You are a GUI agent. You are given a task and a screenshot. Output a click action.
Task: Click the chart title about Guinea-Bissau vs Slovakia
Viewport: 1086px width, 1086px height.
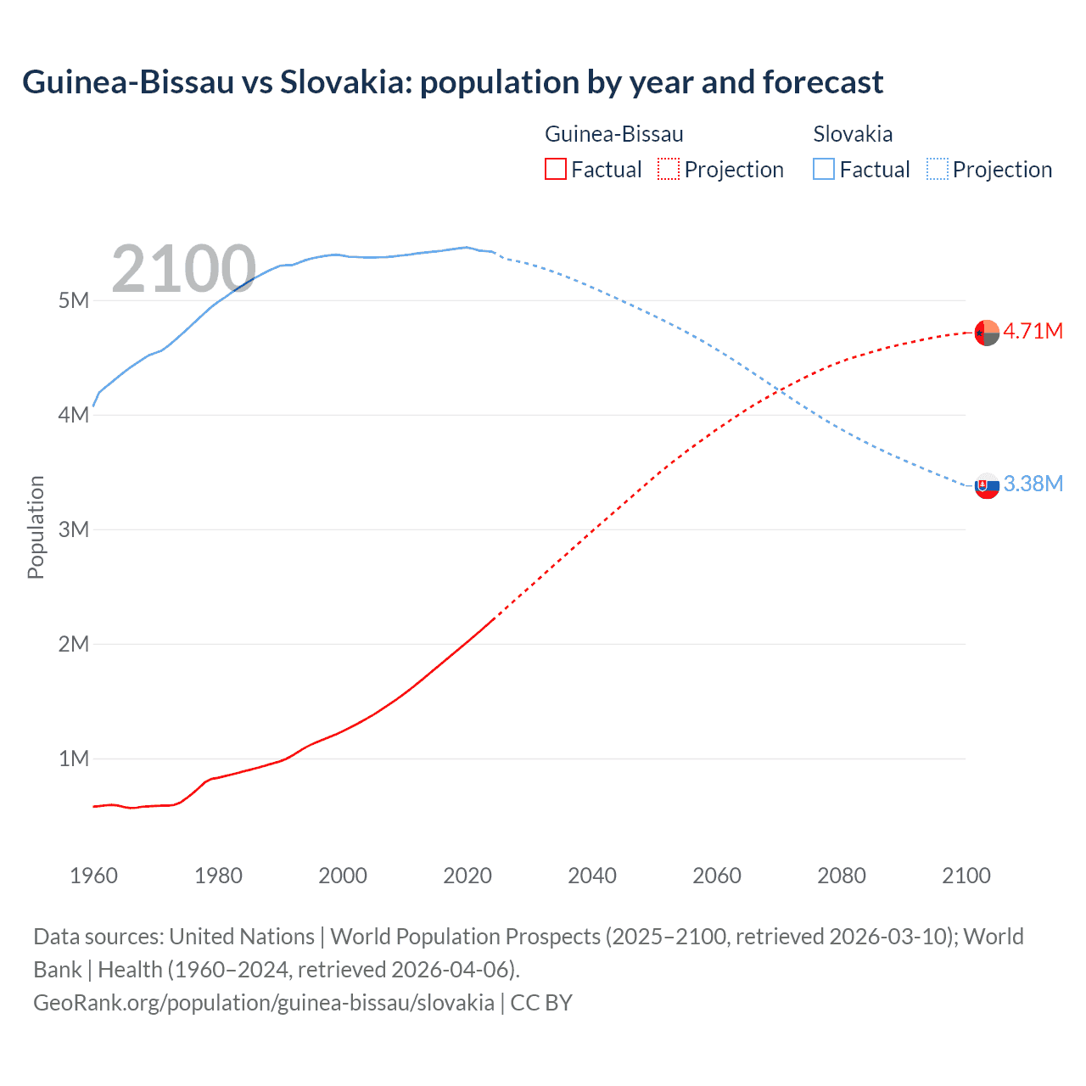(452, 82)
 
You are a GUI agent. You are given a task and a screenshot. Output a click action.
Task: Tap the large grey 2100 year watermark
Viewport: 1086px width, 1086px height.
(183, 269)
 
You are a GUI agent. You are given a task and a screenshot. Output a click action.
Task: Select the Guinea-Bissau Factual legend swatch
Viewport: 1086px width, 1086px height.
(555, 169)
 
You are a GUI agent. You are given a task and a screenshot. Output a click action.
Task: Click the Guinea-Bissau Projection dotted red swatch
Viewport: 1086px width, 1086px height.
(669, 169)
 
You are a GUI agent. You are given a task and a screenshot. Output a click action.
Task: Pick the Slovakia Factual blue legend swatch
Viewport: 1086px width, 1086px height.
(823, 169)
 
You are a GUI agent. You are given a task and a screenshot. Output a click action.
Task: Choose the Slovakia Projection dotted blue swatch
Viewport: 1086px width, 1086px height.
(937, 169)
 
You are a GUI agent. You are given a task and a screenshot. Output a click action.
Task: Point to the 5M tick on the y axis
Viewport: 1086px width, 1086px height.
(74, 300)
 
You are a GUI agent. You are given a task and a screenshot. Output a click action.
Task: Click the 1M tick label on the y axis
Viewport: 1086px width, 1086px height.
(74, 759)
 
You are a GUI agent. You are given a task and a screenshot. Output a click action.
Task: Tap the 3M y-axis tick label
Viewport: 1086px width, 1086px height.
(74, 529)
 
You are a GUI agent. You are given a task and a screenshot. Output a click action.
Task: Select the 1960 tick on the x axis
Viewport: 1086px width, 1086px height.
(93, 876)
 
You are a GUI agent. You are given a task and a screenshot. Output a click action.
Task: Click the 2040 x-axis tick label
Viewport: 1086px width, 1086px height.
(592, 876)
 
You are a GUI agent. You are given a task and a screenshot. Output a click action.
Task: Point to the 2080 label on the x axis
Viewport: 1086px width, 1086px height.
(842, 876)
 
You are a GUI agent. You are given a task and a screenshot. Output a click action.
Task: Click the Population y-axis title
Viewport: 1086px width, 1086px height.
(36, 527)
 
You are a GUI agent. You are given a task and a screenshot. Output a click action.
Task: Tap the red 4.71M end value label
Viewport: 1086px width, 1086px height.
(1033, 331)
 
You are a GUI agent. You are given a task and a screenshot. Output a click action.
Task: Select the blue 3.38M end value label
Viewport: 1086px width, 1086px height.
(1033, 484)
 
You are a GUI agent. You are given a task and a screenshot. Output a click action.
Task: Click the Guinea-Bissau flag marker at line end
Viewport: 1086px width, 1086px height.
(987, 333)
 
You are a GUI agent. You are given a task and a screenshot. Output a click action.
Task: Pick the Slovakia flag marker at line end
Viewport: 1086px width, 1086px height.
(987, 486)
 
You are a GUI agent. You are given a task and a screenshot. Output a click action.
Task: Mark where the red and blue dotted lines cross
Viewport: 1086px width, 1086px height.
(779, 390)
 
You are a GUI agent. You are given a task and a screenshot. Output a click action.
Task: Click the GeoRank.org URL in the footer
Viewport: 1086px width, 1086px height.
(264, 1003)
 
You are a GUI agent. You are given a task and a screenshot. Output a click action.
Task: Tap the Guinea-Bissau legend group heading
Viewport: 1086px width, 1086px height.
(613, 134)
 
